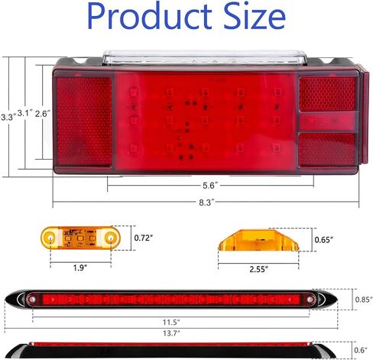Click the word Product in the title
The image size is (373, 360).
click(x=150, y=17)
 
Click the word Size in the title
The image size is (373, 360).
click(x=255, y=17)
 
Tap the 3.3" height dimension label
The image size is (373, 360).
click(x=8, y=117)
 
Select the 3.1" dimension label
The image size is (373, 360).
click(x=25, y=113)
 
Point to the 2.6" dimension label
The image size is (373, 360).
click(x=43, y=114)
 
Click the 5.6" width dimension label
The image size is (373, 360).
click(x=210, y=186)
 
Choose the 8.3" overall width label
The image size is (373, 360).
click(x=206, y=203)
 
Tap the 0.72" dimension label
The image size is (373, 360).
click(x=144, y=238)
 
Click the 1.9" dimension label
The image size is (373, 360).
click(x=80, y=268)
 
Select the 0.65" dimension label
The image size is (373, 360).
click(x=323, y=240)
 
